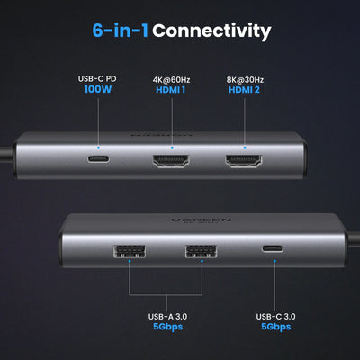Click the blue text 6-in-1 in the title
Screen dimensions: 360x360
(x=120, y=31)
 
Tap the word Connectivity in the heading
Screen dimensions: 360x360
(x=211, y=31)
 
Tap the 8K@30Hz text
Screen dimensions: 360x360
(x=246, y=76)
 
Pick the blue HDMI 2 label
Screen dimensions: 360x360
(x=246, y=90)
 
